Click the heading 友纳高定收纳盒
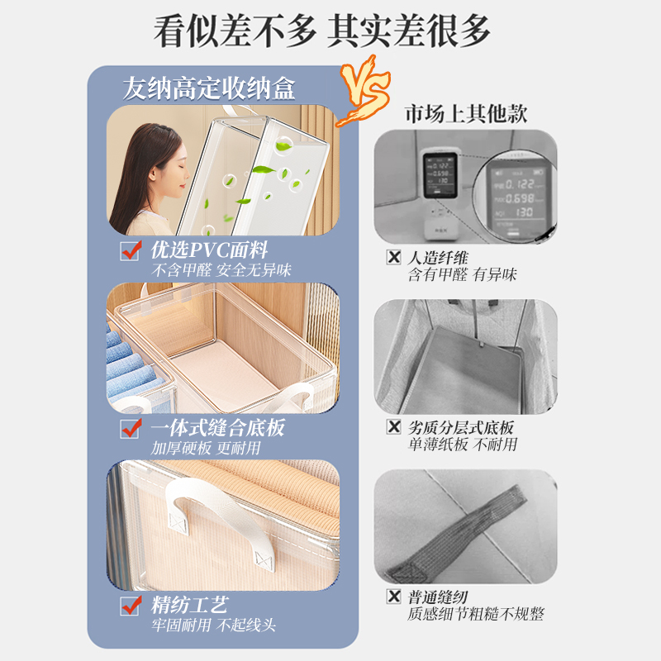coord(208,88)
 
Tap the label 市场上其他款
coord(465,113)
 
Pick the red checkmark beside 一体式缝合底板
coord(131,428)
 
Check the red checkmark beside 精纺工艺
coord(131,606)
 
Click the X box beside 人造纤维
coord(395,258)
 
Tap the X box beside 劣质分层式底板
coord(395,427)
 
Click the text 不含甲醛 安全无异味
coord(221,270)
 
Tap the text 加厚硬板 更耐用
coord(206,448)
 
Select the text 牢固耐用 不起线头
coord(212,625)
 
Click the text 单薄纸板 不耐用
coord(462,445)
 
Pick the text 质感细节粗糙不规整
coord(475,614)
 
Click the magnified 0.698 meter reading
coord(520,199)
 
